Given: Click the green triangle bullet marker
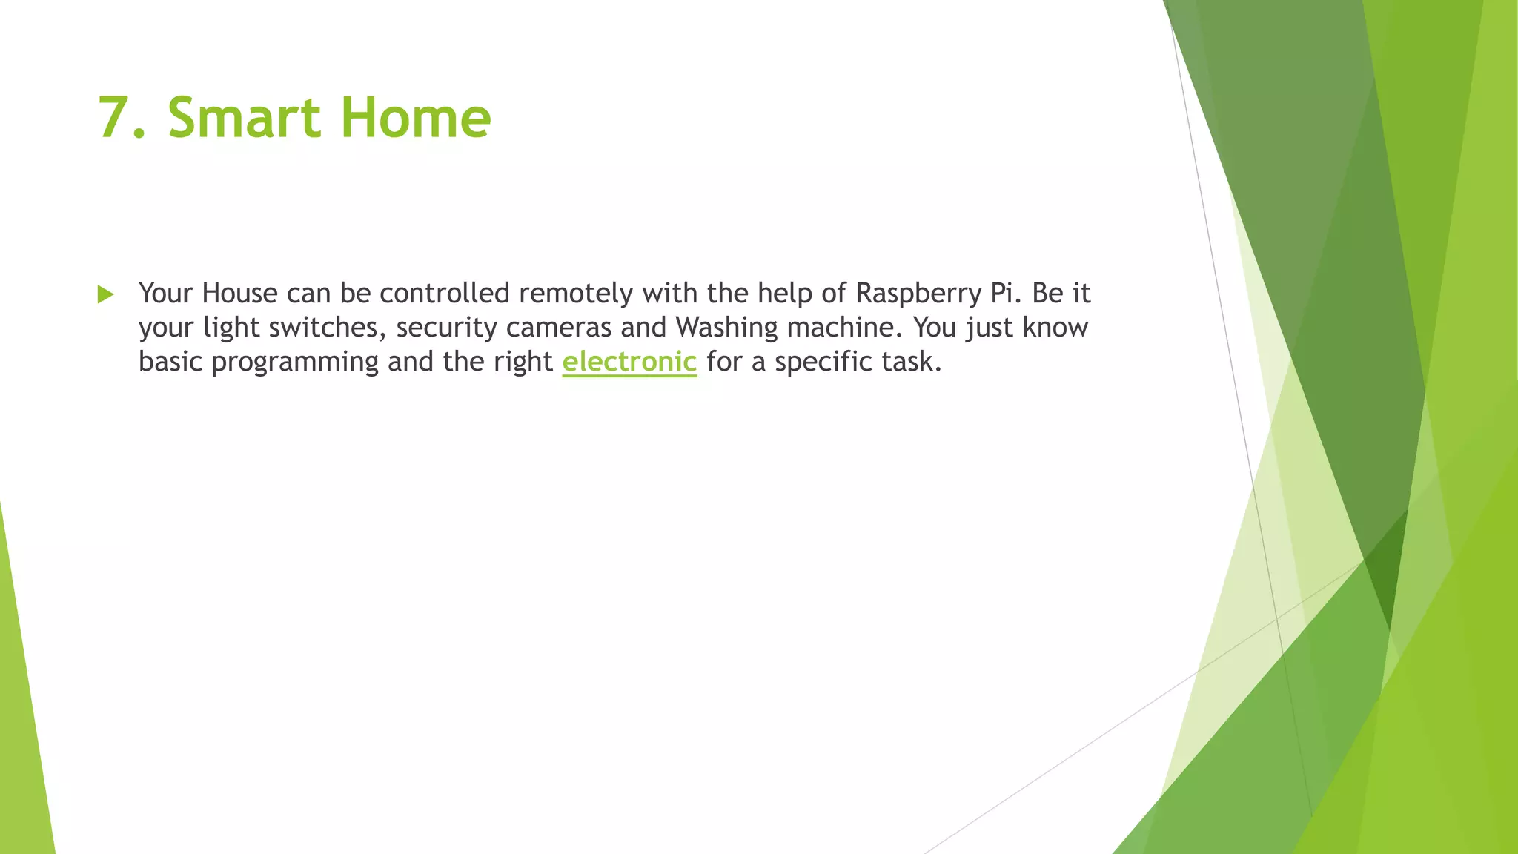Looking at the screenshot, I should click(105, 294).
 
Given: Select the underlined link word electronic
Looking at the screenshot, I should click(629, 361).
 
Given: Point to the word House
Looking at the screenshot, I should click(239, 293).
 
